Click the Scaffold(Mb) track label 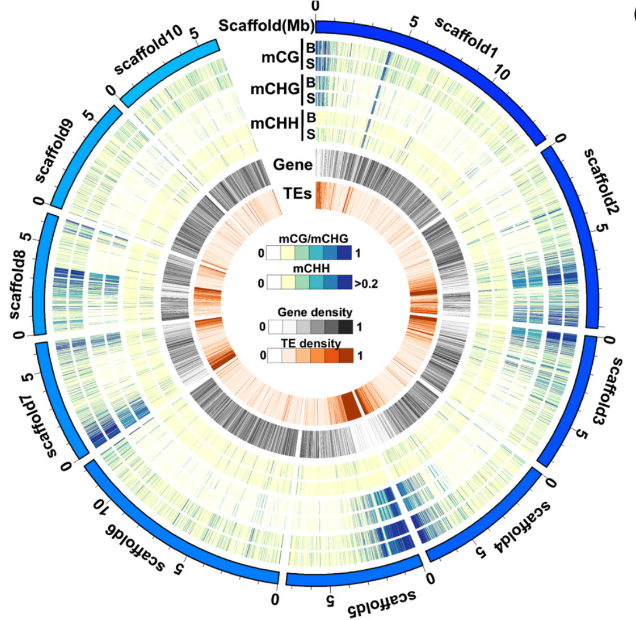point(267,26)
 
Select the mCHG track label point(275,89)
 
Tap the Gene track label point(292,164)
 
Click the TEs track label point(298,191)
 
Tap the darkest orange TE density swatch point(345,354)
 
